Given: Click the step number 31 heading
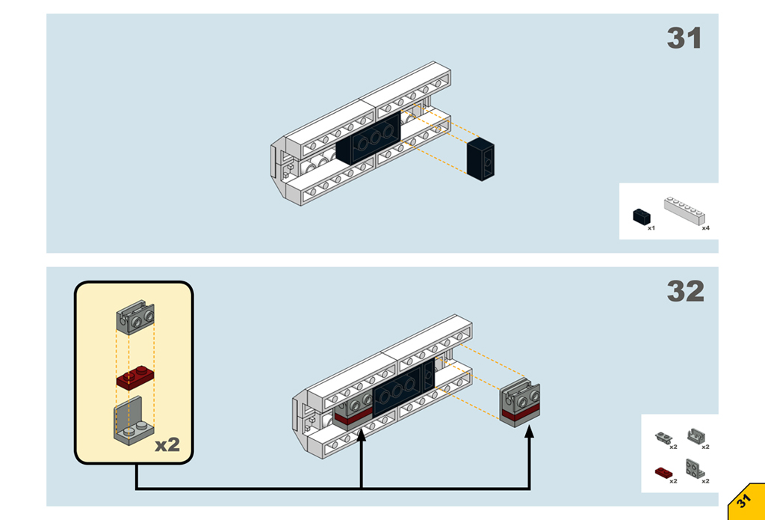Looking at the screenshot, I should point(684,37).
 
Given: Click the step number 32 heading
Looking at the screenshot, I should point(685,290).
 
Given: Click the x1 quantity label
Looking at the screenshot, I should point(651,227).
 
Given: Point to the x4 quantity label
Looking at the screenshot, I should point(705,227).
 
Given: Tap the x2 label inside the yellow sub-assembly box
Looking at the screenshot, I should point(167,444).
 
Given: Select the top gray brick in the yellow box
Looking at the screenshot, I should point(135,319).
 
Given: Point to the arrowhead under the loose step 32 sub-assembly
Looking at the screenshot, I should point(529,432).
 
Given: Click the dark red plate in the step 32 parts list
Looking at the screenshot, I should point(662,471).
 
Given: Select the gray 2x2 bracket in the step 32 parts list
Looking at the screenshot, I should point(696,468).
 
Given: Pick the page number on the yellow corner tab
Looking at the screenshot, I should point(744,501).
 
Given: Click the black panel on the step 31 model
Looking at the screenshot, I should point(368,138).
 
